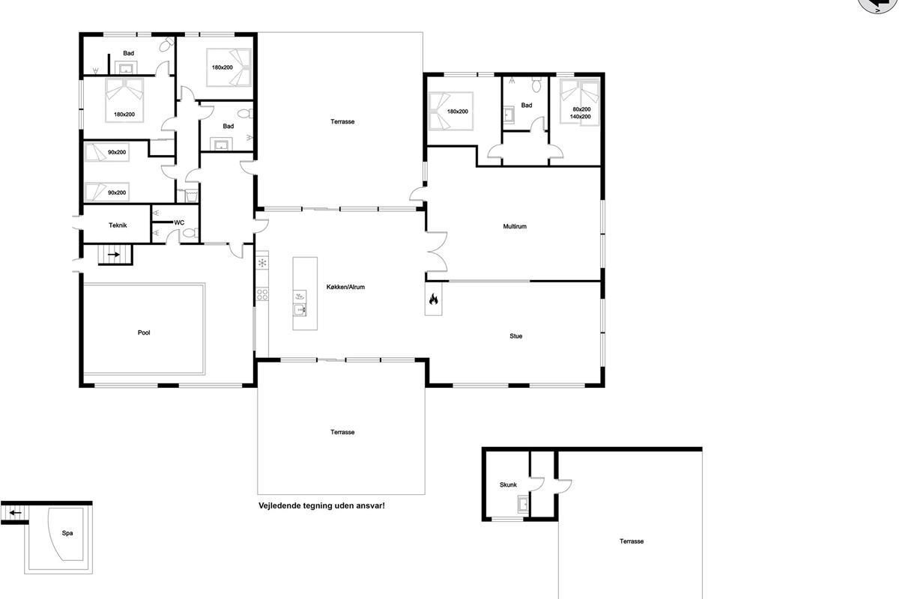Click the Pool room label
(x=144, y=332)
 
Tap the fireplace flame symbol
(x=434, y=299)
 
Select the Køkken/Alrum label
(x=345, y=287)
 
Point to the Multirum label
(x=515, y=226)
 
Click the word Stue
(x=515, y=336)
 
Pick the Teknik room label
(x=118, y=225)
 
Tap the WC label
(x=179, y=222)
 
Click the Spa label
(x=67, y=533)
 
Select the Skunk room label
(x=508, y=484)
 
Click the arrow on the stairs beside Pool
(x=114, y=255)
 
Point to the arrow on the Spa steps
(x=16, y=513)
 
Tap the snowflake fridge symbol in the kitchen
(x=262, y=264)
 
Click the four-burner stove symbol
(x=262, y=294)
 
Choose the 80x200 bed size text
(x=581, y=109)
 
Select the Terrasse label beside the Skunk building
(x=632, y=541)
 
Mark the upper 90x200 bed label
(x=117, y=153)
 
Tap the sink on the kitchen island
(x=300, y=310)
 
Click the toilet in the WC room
(x=190, y=233)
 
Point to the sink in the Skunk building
(x=523, y=505)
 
